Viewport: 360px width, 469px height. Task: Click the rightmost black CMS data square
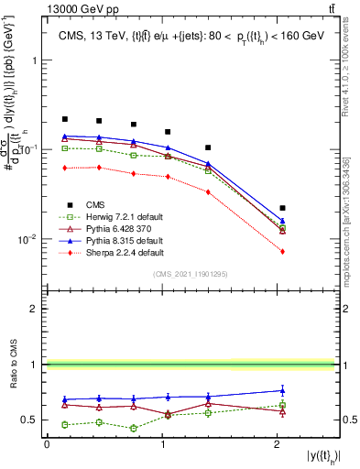282,208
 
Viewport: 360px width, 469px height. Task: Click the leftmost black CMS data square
65,119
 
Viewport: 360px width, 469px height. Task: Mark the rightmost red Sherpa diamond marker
282,251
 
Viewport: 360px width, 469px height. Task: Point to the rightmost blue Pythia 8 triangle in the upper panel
282,221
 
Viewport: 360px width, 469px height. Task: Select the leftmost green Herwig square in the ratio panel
65,424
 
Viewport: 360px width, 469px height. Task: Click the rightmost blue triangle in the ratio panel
282,390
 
